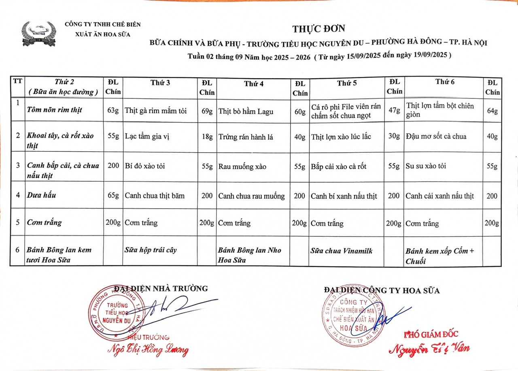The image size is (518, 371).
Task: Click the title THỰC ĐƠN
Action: [319, 28]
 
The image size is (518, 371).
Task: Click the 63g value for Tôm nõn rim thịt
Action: [113, 110]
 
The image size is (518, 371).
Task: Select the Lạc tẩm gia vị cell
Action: [147, 136]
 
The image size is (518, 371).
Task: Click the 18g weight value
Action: [207, 136]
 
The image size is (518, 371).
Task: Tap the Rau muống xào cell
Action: [242, 166]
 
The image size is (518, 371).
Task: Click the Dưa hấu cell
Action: [42, 195]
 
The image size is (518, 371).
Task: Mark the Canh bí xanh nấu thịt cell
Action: [344, 196]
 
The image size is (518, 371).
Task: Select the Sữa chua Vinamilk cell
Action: [341, 251]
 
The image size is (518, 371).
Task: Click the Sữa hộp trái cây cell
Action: [151, 250]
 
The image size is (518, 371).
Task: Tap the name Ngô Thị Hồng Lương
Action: [148, 350]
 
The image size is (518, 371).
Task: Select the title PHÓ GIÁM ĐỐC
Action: [431, 334]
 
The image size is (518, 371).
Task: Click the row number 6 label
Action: [17, 250]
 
